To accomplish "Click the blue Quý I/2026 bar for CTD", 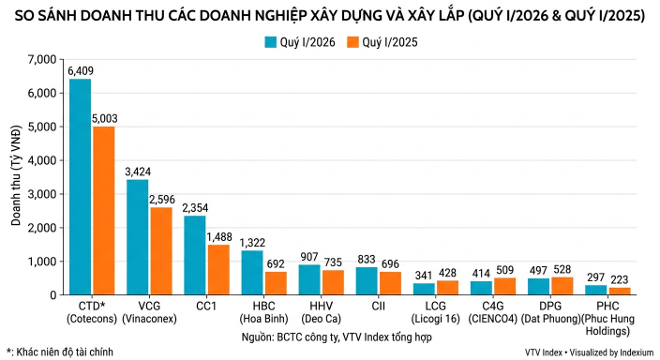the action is [x=80, y=187].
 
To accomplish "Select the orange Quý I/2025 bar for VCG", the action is [x=161, y=251].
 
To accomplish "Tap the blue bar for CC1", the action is [x=195, y=255].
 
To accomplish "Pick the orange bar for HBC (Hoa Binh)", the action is [x=276, y=283].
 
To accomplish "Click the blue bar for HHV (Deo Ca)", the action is [x=309, y=279].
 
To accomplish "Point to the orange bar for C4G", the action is [x=504, y=286].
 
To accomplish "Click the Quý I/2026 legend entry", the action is [x=300, y=42].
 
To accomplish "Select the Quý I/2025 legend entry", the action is [x=382, y=42].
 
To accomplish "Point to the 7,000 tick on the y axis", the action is [x=41, y=59].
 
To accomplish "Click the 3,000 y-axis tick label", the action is [x=41, y=194].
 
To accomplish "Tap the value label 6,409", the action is [x=81, y=70].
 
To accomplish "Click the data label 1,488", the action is [x=218, y=237].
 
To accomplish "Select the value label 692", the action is [x=276, y=264].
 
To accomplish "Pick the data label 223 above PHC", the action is [x=619, y=279].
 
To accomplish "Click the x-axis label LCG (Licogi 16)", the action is [x=436, y=312].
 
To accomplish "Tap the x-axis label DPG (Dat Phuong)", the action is [x=550, y=312].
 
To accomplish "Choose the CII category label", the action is [x=379, y=306].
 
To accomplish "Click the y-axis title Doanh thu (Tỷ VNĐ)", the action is [x=16, y=175].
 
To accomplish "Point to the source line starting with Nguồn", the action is [x=337, y=337].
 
